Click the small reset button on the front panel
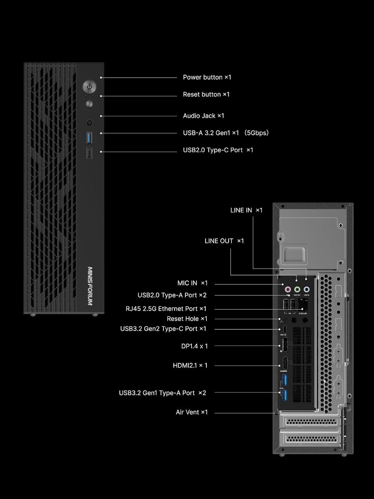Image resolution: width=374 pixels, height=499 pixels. [x=89, y=104]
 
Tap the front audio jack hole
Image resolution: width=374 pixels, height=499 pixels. [x=89, y=122]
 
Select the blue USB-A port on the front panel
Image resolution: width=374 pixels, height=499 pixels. [x=89, y=137]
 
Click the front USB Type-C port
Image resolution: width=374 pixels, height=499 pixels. [x=89, y=153]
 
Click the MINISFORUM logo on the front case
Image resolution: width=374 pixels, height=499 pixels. [x=90, y=286]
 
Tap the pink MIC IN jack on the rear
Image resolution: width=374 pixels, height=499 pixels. [x=288, y=289]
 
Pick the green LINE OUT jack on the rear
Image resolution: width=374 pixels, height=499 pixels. [x=297, y=289]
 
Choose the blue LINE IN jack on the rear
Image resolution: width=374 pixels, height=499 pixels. [x=307, y=289]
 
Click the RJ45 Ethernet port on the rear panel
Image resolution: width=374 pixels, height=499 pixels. [x=303, y=304]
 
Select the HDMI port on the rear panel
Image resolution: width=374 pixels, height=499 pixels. [x=285, y=363]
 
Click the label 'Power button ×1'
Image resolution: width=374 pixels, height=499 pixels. [x=207, y=77]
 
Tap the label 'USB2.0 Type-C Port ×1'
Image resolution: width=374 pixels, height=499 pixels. [x=218, y=150]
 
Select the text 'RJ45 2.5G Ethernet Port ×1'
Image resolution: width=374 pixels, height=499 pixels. [x=166, y=309]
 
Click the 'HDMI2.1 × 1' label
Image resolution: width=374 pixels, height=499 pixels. [x=190, y=366]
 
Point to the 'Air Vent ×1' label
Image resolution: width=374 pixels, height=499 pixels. [x=191, y=412]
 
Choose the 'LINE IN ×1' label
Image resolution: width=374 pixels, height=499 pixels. [x=246, y=210]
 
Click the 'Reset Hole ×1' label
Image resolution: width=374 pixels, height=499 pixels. [x=187, y=319]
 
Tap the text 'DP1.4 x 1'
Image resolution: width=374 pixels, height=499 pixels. [x=194, y=346]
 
